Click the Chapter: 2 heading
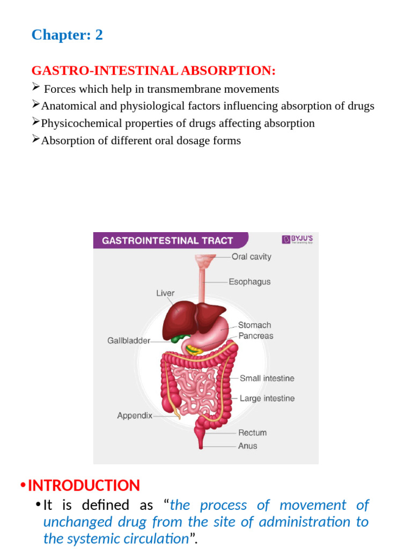67,35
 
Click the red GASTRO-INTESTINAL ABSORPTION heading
153,71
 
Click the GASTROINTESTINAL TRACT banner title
167,241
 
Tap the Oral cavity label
252,256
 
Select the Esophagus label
249,281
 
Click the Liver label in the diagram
165,293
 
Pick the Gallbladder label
129,340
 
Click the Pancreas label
255,336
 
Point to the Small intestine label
267,378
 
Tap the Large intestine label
267,398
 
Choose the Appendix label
135,416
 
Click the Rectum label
252,433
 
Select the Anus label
247,446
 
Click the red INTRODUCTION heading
84,486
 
